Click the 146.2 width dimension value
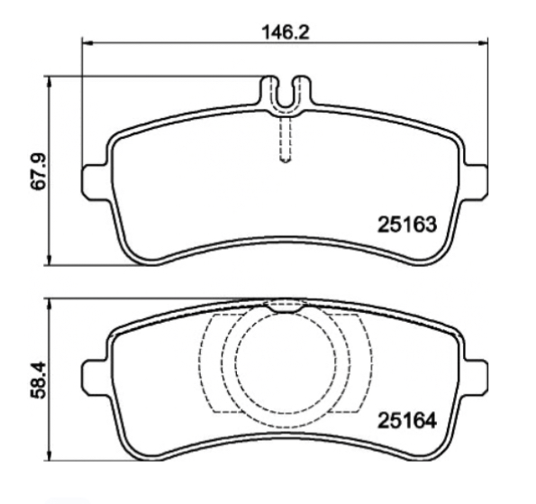tap(285, 31)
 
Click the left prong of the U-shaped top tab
tap(268, 91)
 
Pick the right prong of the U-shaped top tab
tap(301, 91)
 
